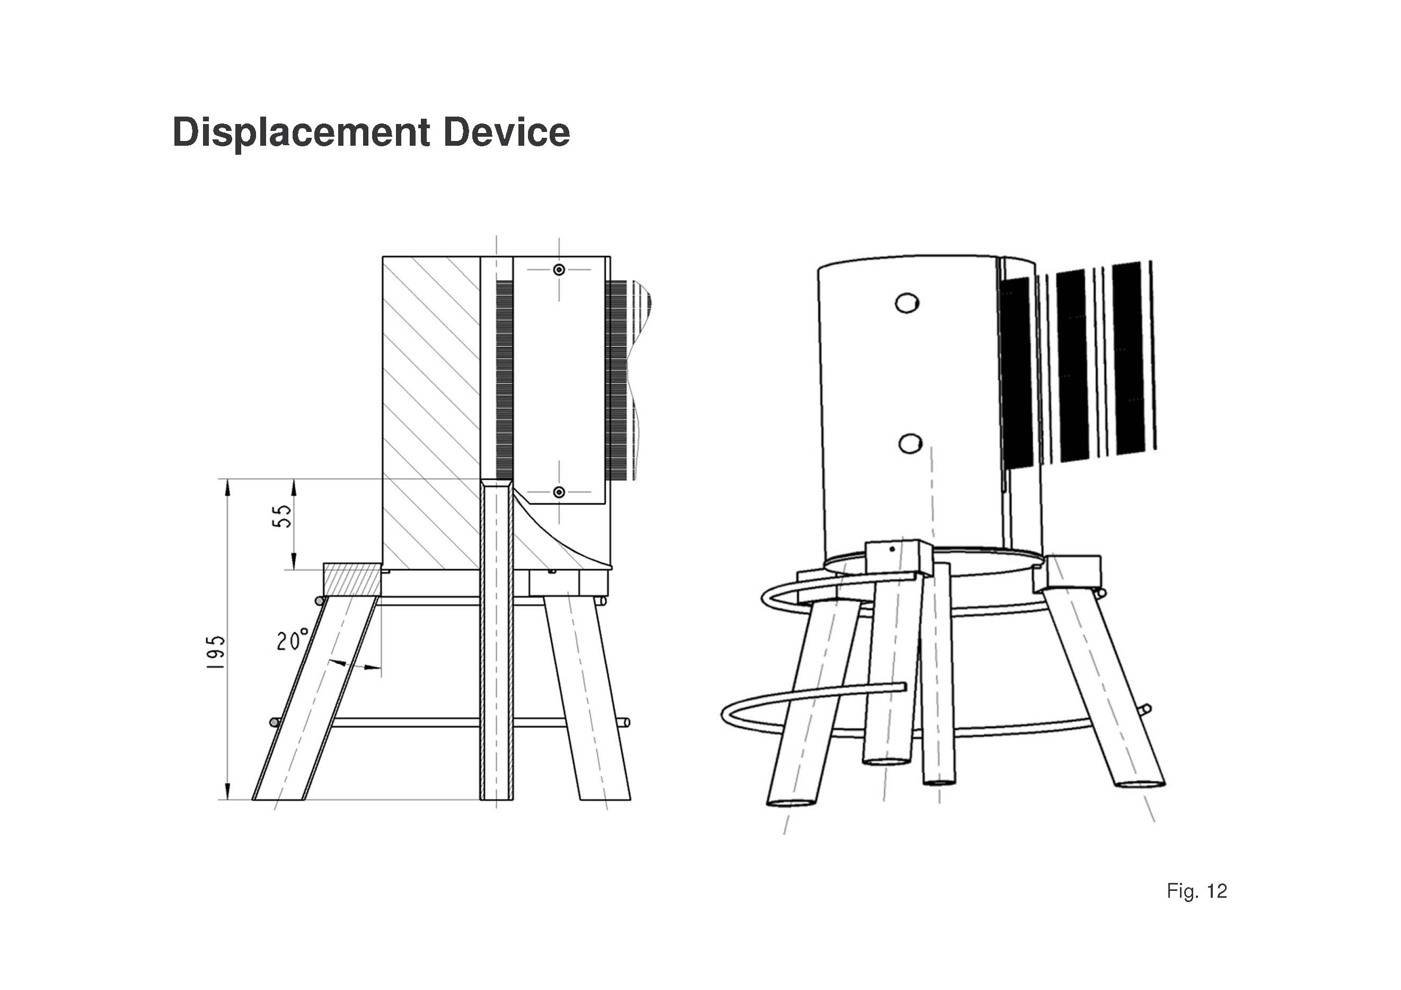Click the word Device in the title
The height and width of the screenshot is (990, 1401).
tap(507, 132)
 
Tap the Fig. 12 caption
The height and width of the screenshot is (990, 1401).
tap(1196, 891)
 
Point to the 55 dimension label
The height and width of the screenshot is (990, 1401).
tap(282, 516)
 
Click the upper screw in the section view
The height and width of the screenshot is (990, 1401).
tap(559, 270)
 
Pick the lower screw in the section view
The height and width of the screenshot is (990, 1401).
tap(559, 492)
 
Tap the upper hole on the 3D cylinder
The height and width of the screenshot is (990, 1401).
tap(907, 303)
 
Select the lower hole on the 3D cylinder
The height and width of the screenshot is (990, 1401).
tap(910, 444)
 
